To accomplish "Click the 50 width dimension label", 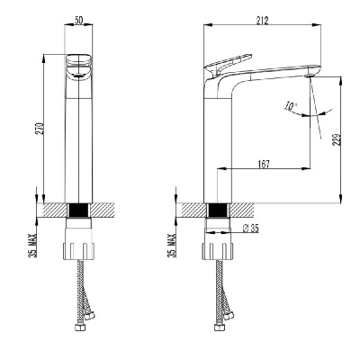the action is [x=78, y=21].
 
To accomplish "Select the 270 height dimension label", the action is [x=40, y=128].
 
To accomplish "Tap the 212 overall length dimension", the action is [x=262, y=21].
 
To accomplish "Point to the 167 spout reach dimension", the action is [x=264, y=164].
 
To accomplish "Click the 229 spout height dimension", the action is [x=337, y=139].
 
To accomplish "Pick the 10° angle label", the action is [x=291, y=105].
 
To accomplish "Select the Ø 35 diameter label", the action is [x=250, y=229].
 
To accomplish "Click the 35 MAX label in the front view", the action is [x=32, y=246].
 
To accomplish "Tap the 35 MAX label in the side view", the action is [x=172, y=246].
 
